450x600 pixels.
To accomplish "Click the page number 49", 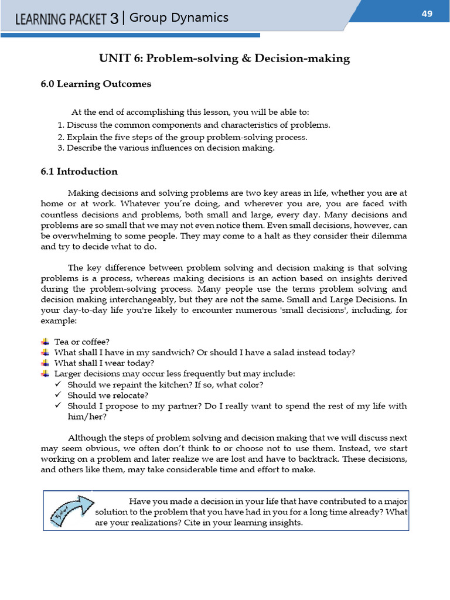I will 427,14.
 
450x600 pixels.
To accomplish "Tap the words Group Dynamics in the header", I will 179,18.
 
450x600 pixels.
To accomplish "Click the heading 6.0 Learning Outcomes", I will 96,84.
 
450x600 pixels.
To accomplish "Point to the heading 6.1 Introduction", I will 79,172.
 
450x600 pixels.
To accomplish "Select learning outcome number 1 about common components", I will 194,125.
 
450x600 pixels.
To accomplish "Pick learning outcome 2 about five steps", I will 182,137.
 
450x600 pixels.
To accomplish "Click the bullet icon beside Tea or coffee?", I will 45,342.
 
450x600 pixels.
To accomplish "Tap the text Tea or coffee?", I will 82,342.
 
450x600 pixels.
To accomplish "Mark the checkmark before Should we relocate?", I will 58,395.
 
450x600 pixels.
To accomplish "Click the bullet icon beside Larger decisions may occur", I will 45,374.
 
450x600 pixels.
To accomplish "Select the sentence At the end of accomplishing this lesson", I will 190,112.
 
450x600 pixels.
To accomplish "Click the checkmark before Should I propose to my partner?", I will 58,405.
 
